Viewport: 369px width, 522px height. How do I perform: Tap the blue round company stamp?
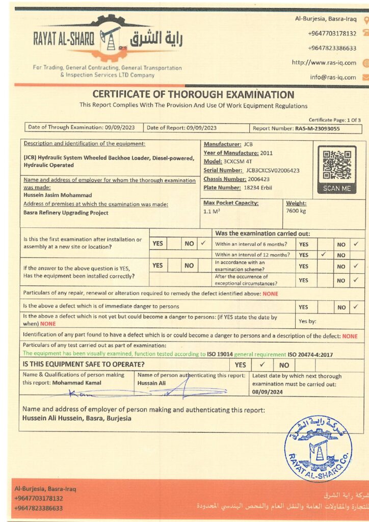point(318,448)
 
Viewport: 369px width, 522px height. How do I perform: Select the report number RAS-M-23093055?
point(317,128)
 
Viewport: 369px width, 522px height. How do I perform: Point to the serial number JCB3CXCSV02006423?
point(272,170)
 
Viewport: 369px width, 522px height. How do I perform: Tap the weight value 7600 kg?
point(296,211)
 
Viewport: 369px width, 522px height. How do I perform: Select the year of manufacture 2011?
point(267,153)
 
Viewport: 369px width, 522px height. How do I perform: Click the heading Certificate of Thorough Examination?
point(193,95)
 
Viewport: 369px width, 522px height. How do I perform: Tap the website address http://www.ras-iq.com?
point(324,63)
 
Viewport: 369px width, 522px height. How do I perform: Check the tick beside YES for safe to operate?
point(262,364)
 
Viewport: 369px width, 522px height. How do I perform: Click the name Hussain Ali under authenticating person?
point(152,383)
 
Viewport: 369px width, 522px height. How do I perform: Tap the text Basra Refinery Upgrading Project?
point(66,213)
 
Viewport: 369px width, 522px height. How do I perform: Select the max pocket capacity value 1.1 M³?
point(212,211)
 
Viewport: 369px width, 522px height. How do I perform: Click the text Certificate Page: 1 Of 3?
point(334,120)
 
